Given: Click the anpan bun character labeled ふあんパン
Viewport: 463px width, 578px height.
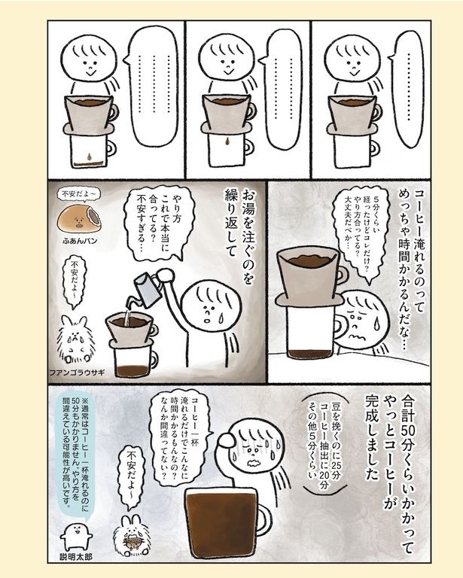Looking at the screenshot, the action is point(79,219).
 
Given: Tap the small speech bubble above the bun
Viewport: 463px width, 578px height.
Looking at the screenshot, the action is point(78,194).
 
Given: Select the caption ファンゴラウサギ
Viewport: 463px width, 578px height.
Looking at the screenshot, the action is point(77,373).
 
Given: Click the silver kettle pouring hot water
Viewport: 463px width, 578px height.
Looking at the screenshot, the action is point(147,290).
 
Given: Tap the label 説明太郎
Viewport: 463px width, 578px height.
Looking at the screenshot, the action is point(76,557).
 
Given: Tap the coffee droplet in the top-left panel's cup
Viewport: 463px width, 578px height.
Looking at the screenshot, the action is point(89,157).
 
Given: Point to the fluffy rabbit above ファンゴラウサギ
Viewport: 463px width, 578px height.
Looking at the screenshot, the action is point(76,340).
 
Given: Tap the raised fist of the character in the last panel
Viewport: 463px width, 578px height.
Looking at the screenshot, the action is point(226,440).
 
